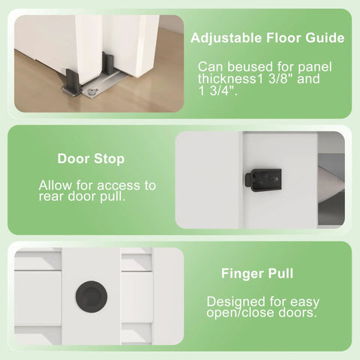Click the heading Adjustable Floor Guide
(x=268, y=37)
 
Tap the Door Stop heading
(x=91, y=159)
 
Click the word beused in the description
(x=240, y=66)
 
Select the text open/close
(x=239, y=313)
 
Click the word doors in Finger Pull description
(x=295, y=313)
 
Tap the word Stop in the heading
(x=109, y=159)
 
